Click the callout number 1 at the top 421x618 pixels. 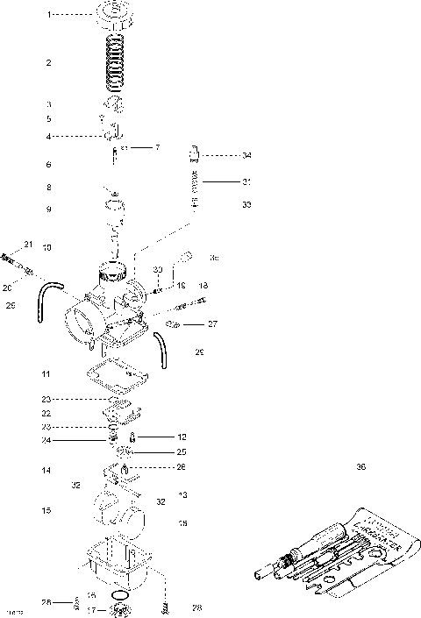[49, 14]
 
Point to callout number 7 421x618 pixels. [156, 147]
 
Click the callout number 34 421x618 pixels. [246, 155]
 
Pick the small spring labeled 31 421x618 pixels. [196, 183]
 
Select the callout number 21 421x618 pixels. [27, 244]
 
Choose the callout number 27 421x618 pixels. [211, 324]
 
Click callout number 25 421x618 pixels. [182, 452]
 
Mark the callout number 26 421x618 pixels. [182, 467]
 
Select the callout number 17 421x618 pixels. [91, 609]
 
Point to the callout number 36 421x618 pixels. [360, 467]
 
